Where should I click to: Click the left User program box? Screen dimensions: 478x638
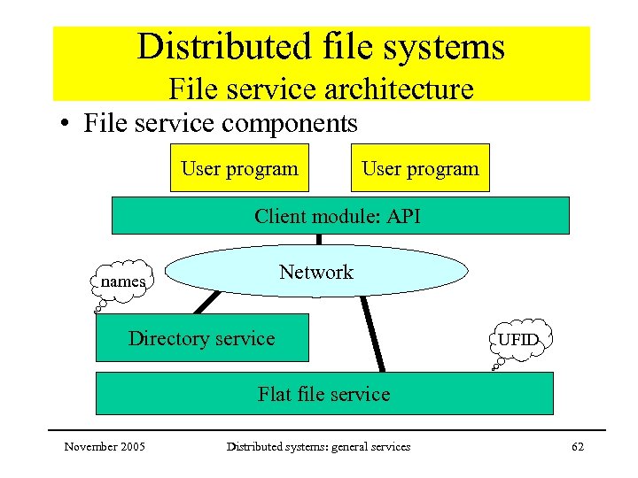(x=239, y=168)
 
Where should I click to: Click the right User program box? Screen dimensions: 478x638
(x=419, y=168)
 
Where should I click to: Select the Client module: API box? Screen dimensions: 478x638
(x=340, y=216)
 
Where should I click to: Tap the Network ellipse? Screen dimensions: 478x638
(x=316, y=272)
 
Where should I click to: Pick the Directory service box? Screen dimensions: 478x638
(x=202, y=338)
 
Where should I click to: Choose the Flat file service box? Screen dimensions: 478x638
(x=323, y=394)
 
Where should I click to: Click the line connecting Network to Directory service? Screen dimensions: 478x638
(x=206, y=304)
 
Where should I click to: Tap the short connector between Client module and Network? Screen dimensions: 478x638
(x=318, y=239)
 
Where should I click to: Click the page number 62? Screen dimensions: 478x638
(x=578, y=447)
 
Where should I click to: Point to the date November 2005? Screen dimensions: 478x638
(x=105, y=447)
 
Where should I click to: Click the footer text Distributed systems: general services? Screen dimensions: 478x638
(x=318, y=447)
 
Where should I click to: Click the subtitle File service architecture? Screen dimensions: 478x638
(x=321, y=89)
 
